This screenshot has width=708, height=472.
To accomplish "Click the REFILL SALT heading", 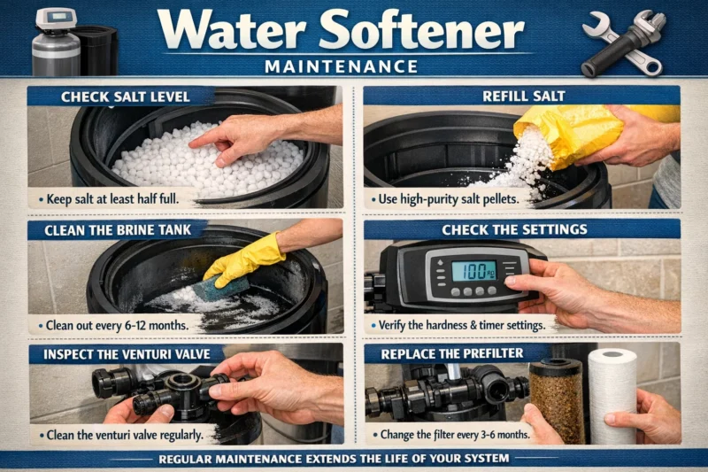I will click(x=521, y=97).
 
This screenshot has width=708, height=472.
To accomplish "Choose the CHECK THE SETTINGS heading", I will click(x=521, y=230).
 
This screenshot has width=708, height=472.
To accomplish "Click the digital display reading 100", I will click(x=473, y=270).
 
